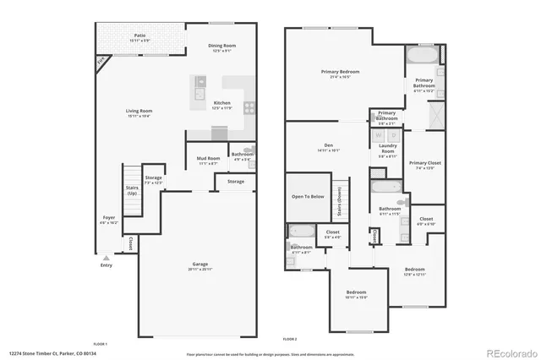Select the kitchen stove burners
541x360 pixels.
click(249, 106)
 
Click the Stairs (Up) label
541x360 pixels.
click(132, 191)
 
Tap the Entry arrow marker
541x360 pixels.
click(106, 258)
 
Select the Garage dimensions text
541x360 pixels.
click(199, 269)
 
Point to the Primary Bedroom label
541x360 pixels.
click(341, 72)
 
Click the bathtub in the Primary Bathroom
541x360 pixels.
click(420, 57)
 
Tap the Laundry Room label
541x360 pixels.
click(388, 149)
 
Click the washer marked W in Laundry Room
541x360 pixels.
click(380, 135)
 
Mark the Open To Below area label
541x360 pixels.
click(308, 196)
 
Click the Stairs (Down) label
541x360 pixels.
click(339, 201)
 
